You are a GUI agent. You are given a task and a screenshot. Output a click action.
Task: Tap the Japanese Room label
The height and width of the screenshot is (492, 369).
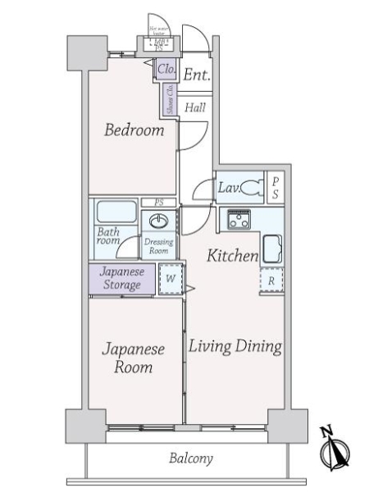(x=133, y=358)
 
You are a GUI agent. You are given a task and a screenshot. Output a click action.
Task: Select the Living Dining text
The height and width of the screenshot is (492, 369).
(x=235, y=346)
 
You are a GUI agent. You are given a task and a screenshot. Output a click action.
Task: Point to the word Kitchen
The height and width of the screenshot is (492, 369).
(x=232, y=257)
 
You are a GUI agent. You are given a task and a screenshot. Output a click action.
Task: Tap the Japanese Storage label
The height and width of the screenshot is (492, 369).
(x=121, y=279)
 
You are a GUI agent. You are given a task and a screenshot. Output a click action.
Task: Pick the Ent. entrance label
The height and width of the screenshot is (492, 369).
(x=196, y=75)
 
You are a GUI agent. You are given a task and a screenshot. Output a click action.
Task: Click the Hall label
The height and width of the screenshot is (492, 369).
(x=195, y=107)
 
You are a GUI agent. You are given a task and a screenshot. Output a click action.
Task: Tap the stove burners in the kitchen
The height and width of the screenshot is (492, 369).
(x=239, y=219)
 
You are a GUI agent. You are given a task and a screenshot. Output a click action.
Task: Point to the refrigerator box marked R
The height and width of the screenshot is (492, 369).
(x=271, y=280)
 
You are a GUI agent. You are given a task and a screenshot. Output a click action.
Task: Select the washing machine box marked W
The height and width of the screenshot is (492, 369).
(x=169, y=279)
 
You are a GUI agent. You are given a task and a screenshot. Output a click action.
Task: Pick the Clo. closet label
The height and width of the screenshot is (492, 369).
(x=166, y=69)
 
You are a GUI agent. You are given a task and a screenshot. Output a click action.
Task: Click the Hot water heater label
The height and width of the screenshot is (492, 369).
(x=157, y=32)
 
